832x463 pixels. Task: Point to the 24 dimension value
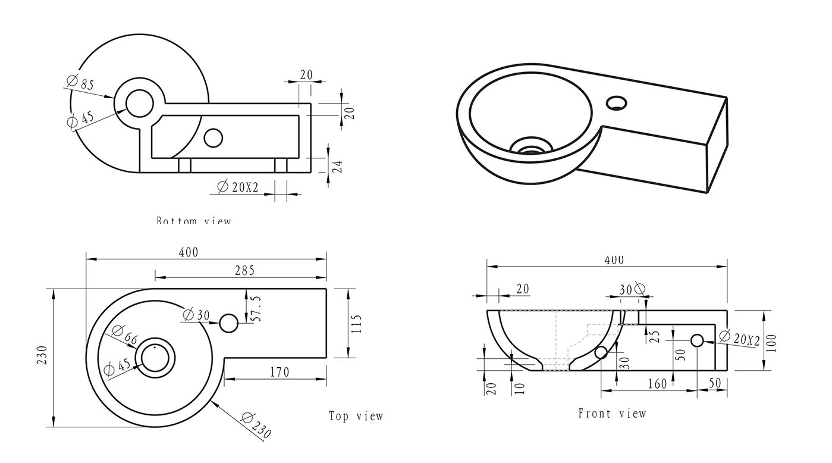click(x=337, y=166)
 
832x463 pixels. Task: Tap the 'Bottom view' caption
click(x=193, y=220)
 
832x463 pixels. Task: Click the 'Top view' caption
click(x=356, y=416)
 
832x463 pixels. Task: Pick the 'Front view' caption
click(x=611, y=413)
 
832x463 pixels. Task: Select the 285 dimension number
click(x=244, y=271)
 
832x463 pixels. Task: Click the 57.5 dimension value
click(x=256, y=308)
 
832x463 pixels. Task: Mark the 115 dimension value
click(x=356, y=324)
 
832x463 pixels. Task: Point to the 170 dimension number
click(x=280, y=373)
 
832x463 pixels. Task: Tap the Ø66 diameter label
click(x=124, y=336)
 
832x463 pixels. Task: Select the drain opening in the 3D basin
click(x=532, y=146)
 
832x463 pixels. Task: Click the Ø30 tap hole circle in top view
click(x=229, y=324)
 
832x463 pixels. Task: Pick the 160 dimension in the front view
click(x=657, y=384)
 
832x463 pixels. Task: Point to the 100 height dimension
click(x=771, y=343)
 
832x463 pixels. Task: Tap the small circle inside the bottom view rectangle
click(x=213, y=137)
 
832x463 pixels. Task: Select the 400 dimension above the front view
click(x=614, y=260)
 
